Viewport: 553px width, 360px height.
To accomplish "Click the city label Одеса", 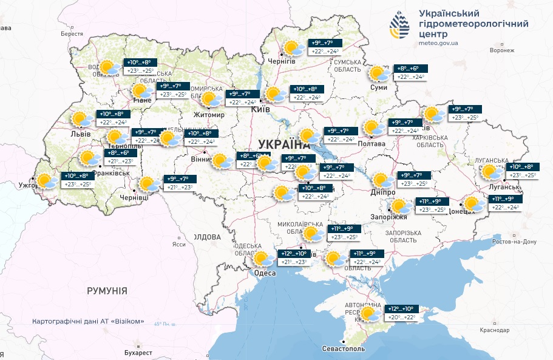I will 265,274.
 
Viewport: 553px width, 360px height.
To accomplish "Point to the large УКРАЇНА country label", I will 283,144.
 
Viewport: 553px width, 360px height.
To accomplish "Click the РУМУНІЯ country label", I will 107,291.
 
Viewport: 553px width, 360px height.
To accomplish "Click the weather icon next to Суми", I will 379,74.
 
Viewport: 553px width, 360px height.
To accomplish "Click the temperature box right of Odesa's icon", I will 294,258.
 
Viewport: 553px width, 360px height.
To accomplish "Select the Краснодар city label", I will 492,330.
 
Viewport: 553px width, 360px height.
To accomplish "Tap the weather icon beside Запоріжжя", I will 399,206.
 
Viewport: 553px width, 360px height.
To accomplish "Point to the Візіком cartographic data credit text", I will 88,321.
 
